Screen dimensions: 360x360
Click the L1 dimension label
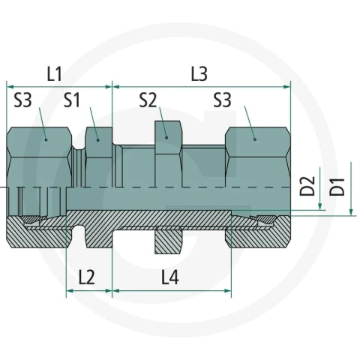click(55, 74)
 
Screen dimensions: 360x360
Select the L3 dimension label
click(199, 74)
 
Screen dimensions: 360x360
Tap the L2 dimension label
click(87, 277)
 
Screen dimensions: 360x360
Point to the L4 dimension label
click(170, 277)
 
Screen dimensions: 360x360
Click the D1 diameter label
click(337, 187)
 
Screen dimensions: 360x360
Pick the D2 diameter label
click(307, 186)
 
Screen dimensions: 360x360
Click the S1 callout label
click(72, 100)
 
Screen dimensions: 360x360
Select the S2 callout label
click(148, 100)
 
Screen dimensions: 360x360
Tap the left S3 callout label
click(22, 100)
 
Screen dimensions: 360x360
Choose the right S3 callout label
click(222, 100)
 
